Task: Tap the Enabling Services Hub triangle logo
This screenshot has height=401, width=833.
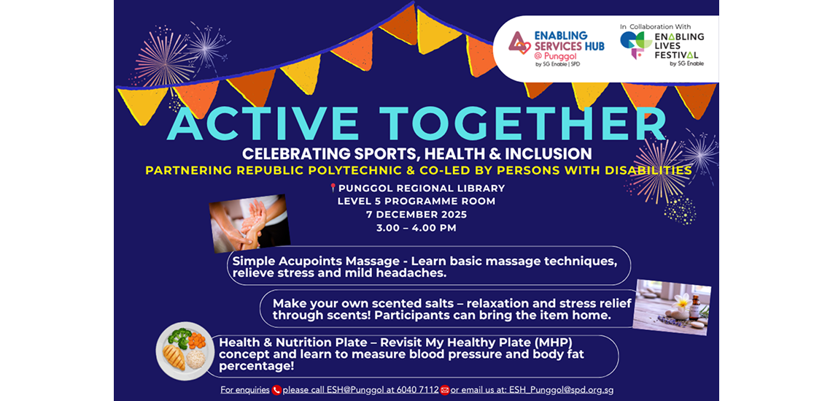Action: coord(519,44)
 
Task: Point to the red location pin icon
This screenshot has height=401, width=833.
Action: coord(333,188)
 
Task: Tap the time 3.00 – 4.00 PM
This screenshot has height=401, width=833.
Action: coord(417,228)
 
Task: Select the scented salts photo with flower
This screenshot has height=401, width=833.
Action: coord(672,307)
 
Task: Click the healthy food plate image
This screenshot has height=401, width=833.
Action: coord(185,351)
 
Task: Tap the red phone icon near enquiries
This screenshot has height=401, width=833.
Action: coord(276,390)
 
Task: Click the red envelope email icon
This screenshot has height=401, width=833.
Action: coord(445,390)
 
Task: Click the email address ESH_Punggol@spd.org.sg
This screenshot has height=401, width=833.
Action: coord(561,390)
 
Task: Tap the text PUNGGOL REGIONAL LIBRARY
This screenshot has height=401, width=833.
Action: coord(422,188)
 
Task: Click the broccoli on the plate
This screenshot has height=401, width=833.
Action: coord(179,337)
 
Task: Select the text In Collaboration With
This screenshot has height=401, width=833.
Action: coord(650,26)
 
